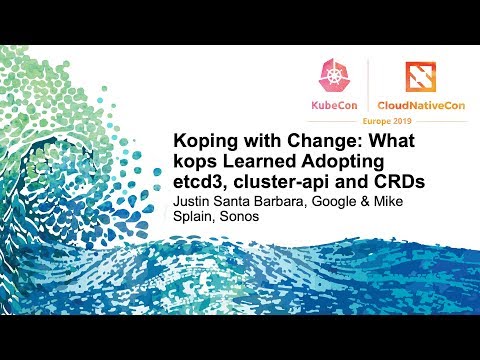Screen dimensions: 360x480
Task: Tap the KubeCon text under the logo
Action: [x=331, y=103]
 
